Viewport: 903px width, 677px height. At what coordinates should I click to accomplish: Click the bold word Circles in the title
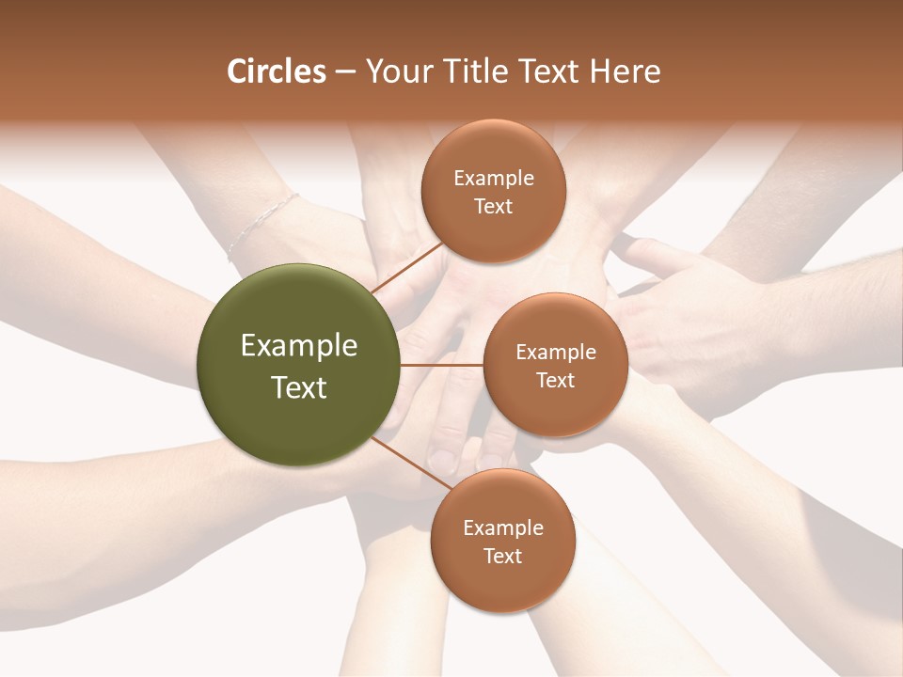pos(276,71)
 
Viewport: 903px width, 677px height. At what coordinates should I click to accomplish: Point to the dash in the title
pos(345,72)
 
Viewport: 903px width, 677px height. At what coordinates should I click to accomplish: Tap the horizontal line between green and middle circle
pos(441,365)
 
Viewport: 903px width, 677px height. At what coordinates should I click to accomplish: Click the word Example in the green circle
pos(298,346)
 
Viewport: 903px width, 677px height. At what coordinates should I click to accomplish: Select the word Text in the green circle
pos(298,387)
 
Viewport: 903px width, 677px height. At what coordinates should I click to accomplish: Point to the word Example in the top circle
pos(494,179)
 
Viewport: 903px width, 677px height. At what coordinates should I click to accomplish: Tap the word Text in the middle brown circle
pos(556,381)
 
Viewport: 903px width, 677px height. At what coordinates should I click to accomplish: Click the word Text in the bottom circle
pos(503,557)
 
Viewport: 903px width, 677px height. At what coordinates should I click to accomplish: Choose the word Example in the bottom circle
pos(503,528)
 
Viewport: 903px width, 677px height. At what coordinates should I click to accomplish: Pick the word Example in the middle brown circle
pos(556,353)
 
